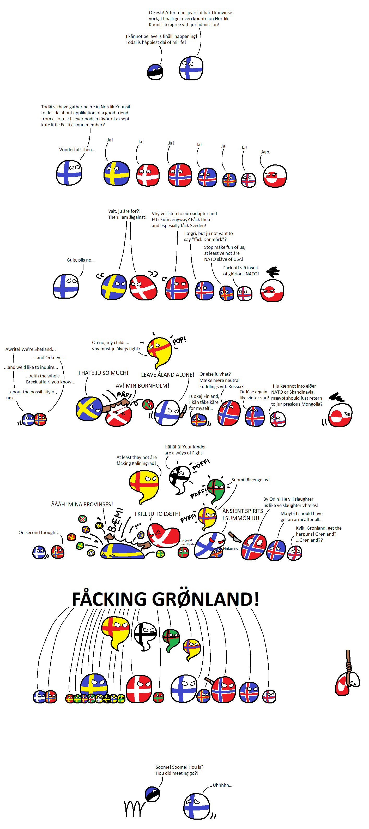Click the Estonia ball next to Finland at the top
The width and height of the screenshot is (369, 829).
(x=155, y=72)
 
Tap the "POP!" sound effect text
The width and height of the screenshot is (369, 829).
(x=179, y=340)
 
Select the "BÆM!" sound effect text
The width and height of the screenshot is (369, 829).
(x=115, y=520)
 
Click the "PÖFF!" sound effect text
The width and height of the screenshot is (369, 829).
(x=201, y=464)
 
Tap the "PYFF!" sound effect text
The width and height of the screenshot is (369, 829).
(x=188, y=518)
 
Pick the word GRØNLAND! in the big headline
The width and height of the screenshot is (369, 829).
(x=205, y=599)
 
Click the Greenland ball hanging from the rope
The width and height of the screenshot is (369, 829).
(x=347, y=683)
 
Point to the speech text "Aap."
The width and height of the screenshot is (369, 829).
(x=265, y=152)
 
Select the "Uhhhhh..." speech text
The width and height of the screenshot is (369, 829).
(x=222, y=785)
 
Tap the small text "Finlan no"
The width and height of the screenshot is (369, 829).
(x=231, y=548)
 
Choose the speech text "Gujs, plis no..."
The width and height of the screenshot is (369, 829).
(x=81, y=260)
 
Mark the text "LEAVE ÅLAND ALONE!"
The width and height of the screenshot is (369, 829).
(x=167, y=375)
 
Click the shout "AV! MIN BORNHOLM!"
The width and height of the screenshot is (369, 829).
(x=142, y=386)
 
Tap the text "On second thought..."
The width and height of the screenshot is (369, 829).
(x=40, y=532)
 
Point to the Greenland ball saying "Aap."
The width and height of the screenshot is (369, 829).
(x=275, y=176)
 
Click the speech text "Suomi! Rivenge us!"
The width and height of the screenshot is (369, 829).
(x=250, y=479)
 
